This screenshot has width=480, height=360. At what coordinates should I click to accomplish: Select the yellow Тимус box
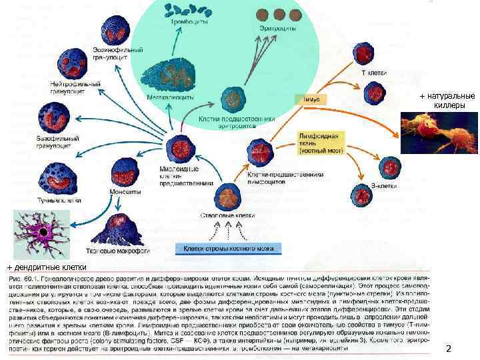[x=311, y=99]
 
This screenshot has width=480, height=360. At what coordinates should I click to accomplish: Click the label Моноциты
[x=125, y=193]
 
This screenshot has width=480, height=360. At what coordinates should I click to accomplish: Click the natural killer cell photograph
[x=437, y=131]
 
